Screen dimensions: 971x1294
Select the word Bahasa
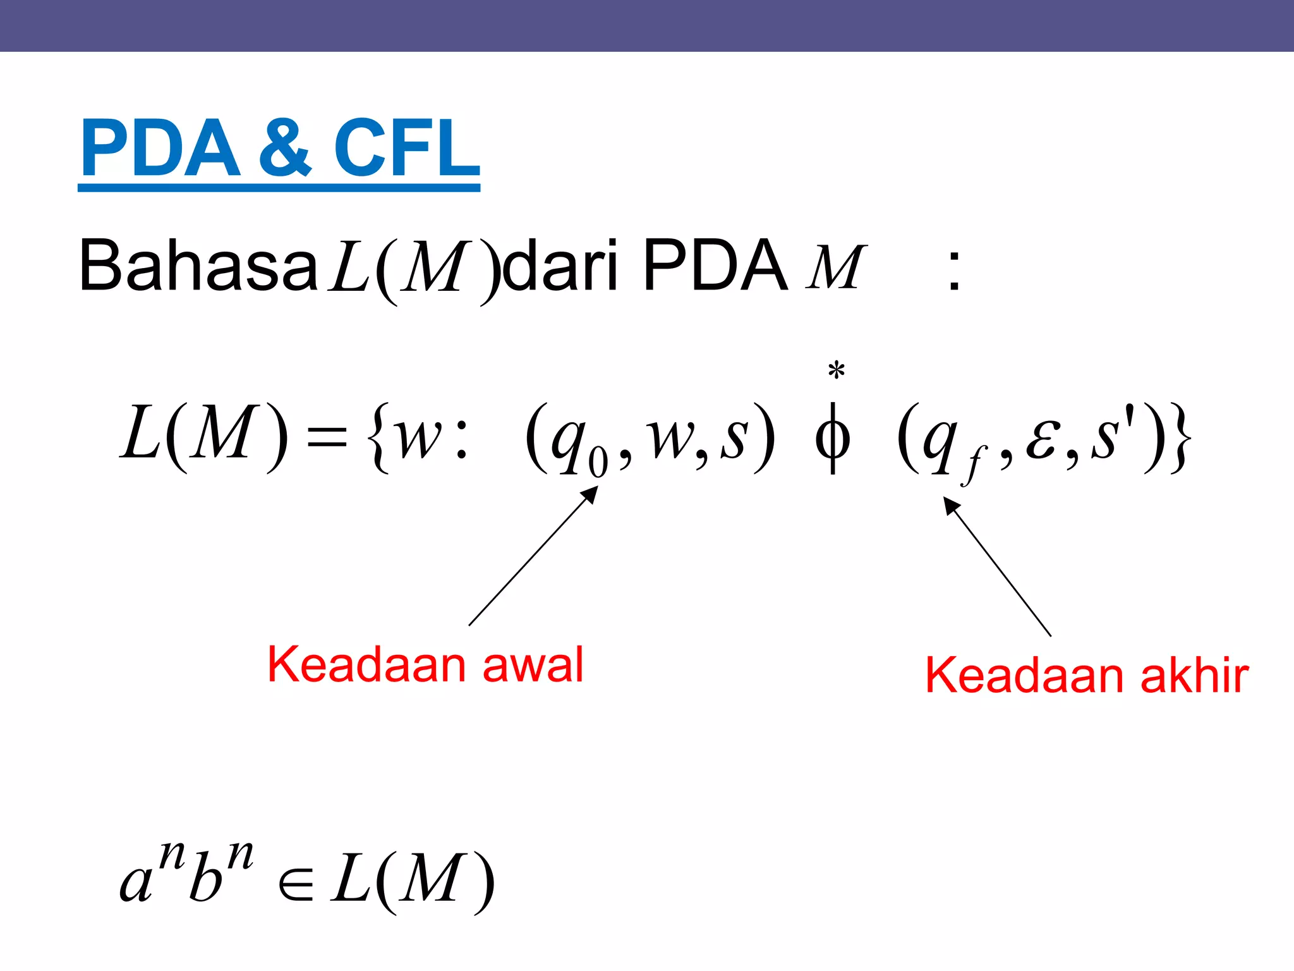[198, 266]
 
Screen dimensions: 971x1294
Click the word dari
[560, 266]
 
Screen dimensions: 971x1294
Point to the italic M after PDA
[835, 268]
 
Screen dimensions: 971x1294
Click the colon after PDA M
[954, 271]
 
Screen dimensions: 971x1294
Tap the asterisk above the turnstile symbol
[836, 370]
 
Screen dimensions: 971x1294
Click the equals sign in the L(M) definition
[327, 436]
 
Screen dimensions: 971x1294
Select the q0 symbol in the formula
[577, 443]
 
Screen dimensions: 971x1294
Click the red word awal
[533, 665]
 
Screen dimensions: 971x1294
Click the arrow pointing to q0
[532, 556]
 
